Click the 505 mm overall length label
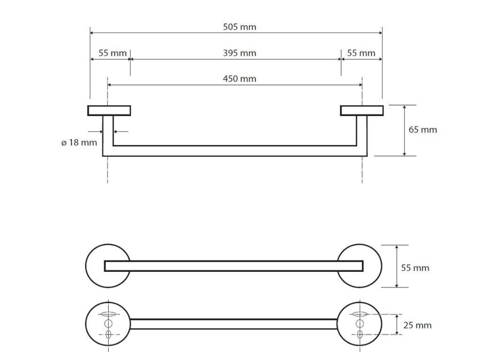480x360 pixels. pyautogui.click(x=240, y=27)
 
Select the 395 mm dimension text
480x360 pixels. pyautogui.click(x=240, y=53)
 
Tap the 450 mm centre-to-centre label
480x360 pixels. pyautogui.click(x=240, y=78)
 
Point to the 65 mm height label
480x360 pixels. pyautogui.click(x=422, y=129)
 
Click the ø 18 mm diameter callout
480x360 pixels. pyautogui.click(x=79, y=142)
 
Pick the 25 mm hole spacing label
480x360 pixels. pyautogui.click(x=417, y=325)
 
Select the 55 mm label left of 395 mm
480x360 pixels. pyautogui.click(x=112, y=53)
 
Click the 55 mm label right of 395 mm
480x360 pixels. pyautogui.click(x=361, y=53)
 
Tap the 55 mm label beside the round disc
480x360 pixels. pyautogui.click(x=415, y=268)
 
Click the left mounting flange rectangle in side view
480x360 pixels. pyautogui.click(x=109, y=111)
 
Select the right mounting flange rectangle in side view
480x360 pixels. pyautogui.click(x=361, y=111)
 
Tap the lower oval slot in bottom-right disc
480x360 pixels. pyautogui.click(x=360, y=335)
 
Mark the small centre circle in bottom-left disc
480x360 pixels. pyautogui.click(x=108, y=324)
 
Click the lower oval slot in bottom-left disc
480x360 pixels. pyautogui.click(x=108, y=335)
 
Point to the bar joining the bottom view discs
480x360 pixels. pyautogui.click(x=233, y=324)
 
